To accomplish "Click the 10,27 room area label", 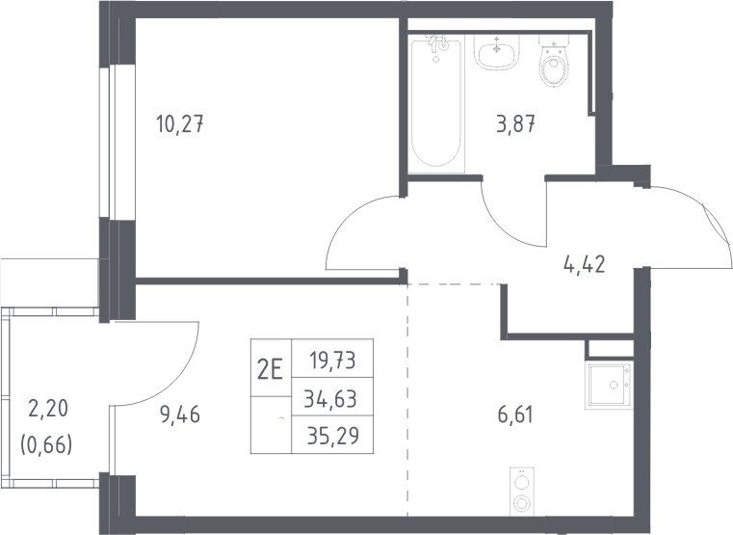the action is point(180,125).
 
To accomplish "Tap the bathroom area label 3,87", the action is point(515,124).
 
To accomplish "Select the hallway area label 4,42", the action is point(585,264).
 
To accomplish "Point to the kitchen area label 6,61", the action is point(515,415).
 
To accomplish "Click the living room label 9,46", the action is point(180,415).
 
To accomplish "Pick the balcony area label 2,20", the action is point(48,409).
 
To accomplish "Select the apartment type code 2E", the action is point(271,371).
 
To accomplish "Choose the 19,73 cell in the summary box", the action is point(332,361).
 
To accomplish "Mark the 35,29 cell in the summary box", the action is point(333,436).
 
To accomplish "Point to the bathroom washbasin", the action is point(497,52).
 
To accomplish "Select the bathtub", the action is point(437,103).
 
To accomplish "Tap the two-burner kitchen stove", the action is point(521,490).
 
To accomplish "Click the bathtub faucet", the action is point(437,43).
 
